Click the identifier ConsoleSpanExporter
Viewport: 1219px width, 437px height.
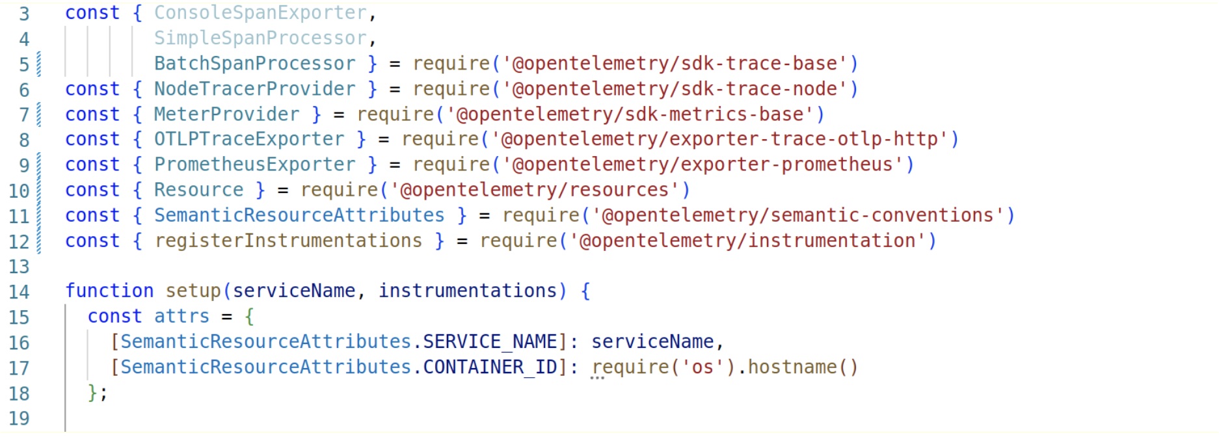(260, 13)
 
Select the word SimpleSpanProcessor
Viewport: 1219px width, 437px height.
(260, 38)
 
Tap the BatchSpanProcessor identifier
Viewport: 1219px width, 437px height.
(254, 64)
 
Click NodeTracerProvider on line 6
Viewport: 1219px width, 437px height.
(254, 89)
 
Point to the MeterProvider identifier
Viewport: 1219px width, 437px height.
(226, 114)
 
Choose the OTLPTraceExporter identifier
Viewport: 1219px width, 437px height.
(249, 139)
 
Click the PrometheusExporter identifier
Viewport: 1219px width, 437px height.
(254, 165)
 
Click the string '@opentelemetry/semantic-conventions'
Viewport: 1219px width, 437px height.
(797, 215)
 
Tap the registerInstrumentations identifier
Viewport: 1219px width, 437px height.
(288, 241)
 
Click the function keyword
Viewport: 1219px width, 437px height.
(109, 291)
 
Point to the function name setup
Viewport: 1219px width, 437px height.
(193, 291)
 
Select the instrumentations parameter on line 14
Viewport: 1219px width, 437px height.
(468, 291)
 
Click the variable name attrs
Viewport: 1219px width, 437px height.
(181, 316)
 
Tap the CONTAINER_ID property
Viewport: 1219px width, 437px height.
(490, 367)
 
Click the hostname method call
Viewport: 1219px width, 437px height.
(792, 367)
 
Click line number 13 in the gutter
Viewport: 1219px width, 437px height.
(19, 267)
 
